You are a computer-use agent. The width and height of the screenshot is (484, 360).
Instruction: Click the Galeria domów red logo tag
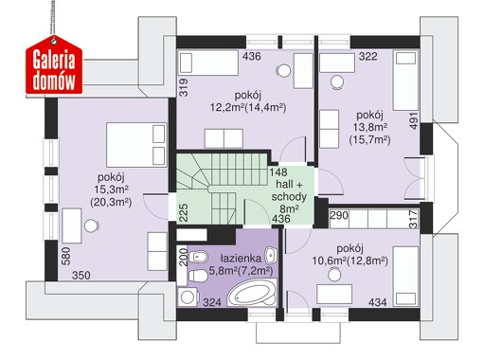pyautogui.click(x=54, y=64)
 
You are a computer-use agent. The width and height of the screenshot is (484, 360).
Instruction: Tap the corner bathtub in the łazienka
pyautogui.click(x=252, y=294)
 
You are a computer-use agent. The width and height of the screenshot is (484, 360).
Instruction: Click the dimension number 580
pyautogui.click(x=66, y=256)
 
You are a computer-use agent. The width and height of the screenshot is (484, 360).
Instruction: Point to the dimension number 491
pyautogui.click(x=414, y=120)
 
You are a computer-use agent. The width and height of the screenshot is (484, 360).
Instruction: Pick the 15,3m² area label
pyautogui.click(x=111, y=189)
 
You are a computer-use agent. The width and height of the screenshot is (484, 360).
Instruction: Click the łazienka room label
pyautogui.click(x=241, y=259)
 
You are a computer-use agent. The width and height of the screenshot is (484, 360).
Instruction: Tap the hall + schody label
pyautogui.click(x=289, y=190)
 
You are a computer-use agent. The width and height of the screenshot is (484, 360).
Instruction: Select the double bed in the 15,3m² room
pyautogui.click(x=136, y=145)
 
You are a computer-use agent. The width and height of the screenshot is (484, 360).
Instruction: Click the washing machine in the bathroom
pyautogui.click(x=188, y=297)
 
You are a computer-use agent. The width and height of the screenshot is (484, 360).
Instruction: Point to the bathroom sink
pyautogui.click(x=271, y=255)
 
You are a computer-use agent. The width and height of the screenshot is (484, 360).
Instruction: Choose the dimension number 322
pyautogui.click(x=367, y=56)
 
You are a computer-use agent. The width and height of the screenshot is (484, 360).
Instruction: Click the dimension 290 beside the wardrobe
pyautogui.click(x=339, y=215)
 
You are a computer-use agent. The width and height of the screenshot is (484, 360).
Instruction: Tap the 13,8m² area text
pyautogui.click(x=370, y=127)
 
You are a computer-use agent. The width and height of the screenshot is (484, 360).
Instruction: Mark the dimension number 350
pyautogui.click(x=81, y=275)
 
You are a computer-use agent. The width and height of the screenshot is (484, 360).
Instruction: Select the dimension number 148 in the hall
pyautogui.click(x=278, y=172)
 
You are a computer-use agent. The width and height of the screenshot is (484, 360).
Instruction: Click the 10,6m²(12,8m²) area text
pyautogui.click(x=350, y=261)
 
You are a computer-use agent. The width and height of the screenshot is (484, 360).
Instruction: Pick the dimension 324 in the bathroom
pyautogui.click(x=212, y=302)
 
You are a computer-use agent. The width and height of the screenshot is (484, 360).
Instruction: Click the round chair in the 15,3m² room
pyautogui.click(x=92, y=226)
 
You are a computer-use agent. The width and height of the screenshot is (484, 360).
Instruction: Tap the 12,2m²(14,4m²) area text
pyautogui.click(x=248, y=108)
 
